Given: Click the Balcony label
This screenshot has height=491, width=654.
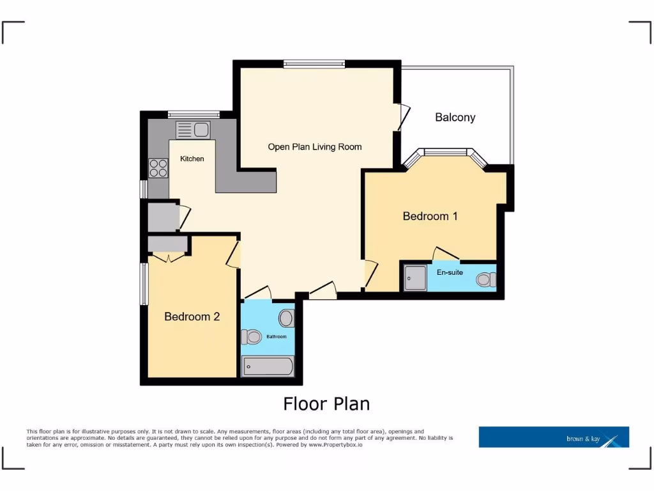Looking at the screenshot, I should click(455, 117).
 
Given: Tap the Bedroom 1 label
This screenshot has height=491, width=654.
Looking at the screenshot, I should click(430, 216).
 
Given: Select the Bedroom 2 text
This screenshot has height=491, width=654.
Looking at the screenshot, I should click(192, 316).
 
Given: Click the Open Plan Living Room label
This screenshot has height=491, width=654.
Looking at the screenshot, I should click(314, 147).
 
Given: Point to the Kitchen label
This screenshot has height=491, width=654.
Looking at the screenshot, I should click(192, 159).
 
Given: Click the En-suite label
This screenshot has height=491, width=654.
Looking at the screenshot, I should click(450, 272).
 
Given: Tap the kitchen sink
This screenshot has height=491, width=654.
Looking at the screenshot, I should click(193, 130).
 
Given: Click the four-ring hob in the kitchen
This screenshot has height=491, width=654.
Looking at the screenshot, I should click(158, 168).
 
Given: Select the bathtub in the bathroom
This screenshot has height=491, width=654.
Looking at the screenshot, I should click(268, 367).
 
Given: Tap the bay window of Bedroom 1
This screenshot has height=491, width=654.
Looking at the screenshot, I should click(446, 153).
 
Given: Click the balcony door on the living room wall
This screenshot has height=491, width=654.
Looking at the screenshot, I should click(404, 117).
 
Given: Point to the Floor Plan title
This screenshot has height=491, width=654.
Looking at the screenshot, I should click(326, 404).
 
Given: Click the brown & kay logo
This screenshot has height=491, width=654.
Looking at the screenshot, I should click(554, 437).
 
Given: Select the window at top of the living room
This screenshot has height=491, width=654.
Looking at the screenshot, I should click(314, 63).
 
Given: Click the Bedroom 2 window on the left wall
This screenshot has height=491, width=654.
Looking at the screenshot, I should click(144, 284).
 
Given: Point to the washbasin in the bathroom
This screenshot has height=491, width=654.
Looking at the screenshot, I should click(286, 318).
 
